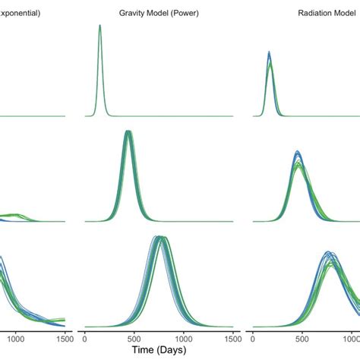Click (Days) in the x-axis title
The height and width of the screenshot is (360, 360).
[x=179, y=351]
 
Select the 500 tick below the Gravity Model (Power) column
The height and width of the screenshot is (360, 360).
[x=134, y=335]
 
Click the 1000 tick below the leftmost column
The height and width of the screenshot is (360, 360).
[x=17, y=335]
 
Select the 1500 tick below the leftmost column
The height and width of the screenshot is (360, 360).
[x=65, y=335]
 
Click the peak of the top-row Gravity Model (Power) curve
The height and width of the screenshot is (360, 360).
[x=100, y=26]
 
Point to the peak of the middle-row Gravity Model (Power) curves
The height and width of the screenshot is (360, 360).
[x=128, y=132]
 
